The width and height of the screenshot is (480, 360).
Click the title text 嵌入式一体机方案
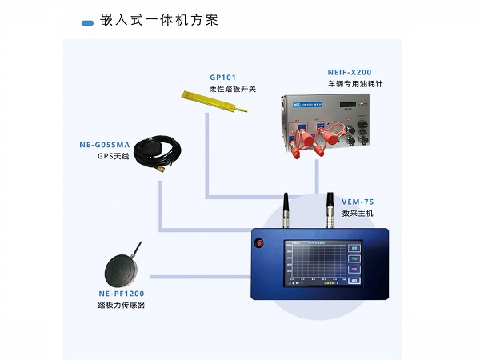160,20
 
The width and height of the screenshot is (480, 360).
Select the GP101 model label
223,78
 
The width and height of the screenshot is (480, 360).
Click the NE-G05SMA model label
104,145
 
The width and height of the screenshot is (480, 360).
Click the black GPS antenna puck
149,152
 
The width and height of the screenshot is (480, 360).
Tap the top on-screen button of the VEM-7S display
354,248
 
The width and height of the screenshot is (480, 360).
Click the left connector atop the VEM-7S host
286,208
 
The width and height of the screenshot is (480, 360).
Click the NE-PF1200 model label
121,294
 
